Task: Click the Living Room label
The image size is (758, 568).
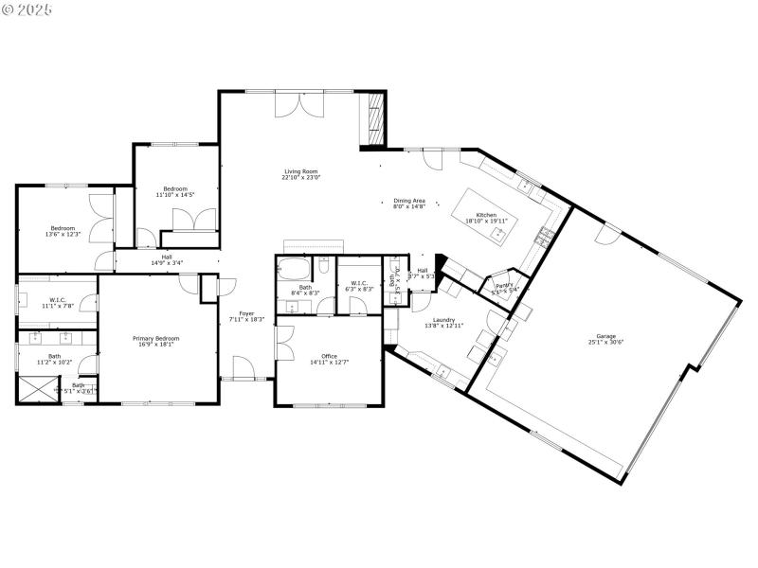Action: tap(301, 171)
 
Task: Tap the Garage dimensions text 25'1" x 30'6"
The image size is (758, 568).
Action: tap(606, 342)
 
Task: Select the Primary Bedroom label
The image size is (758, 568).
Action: tap(153, 338)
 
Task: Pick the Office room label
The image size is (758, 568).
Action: tap(329, 356)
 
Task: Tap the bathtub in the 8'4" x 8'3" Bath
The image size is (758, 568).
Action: tap(290, 268)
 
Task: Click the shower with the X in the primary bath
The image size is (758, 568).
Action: tap(37, 388)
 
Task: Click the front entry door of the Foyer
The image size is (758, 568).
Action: tap(243, 369)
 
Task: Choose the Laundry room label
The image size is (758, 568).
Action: tap(444, 320)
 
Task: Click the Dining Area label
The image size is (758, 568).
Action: tap(409, 201)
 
